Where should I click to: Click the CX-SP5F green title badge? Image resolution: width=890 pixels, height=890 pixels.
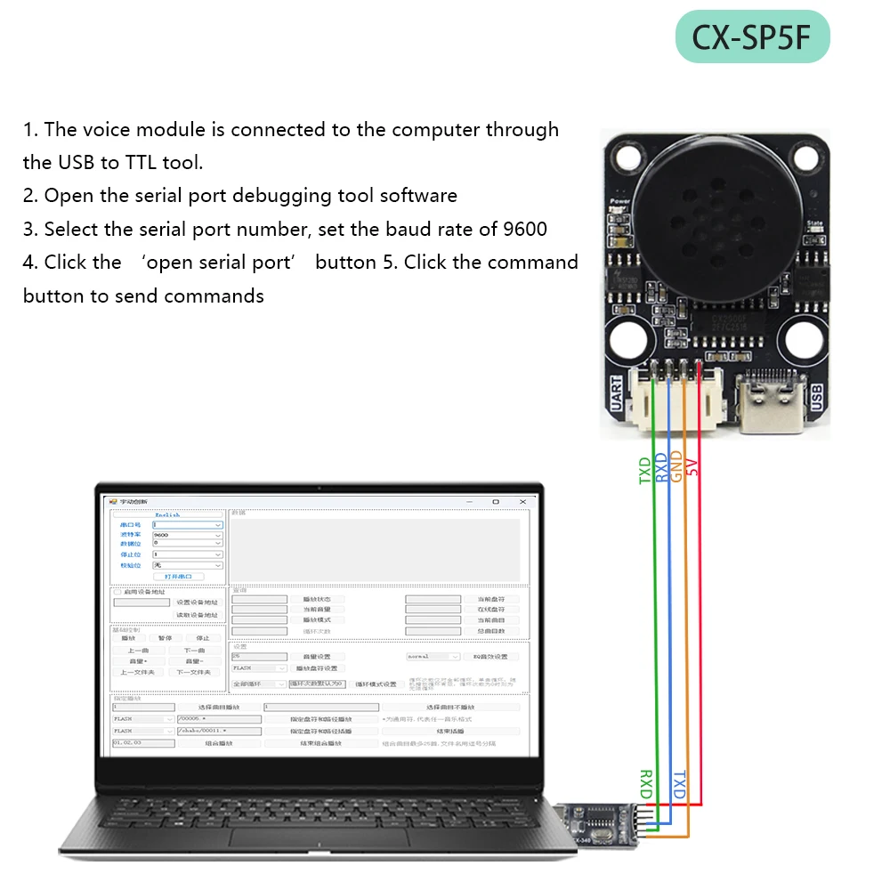[x=753, y=37]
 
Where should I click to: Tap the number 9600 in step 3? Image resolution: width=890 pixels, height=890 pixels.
[x=524, y=229]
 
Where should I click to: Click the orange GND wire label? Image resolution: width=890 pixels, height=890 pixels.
[x=676, y=466]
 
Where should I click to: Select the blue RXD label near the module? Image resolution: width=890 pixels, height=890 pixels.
[x=661, y=467]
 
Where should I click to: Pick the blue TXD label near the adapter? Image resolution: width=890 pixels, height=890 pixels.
[x=678, y=783]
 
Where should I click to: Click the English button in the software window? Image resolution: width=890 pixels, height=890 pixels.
[x=167, y=514]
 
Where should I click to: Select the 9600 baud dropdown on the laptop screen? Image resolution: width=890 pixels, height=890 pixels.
[x=187, y=535]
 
